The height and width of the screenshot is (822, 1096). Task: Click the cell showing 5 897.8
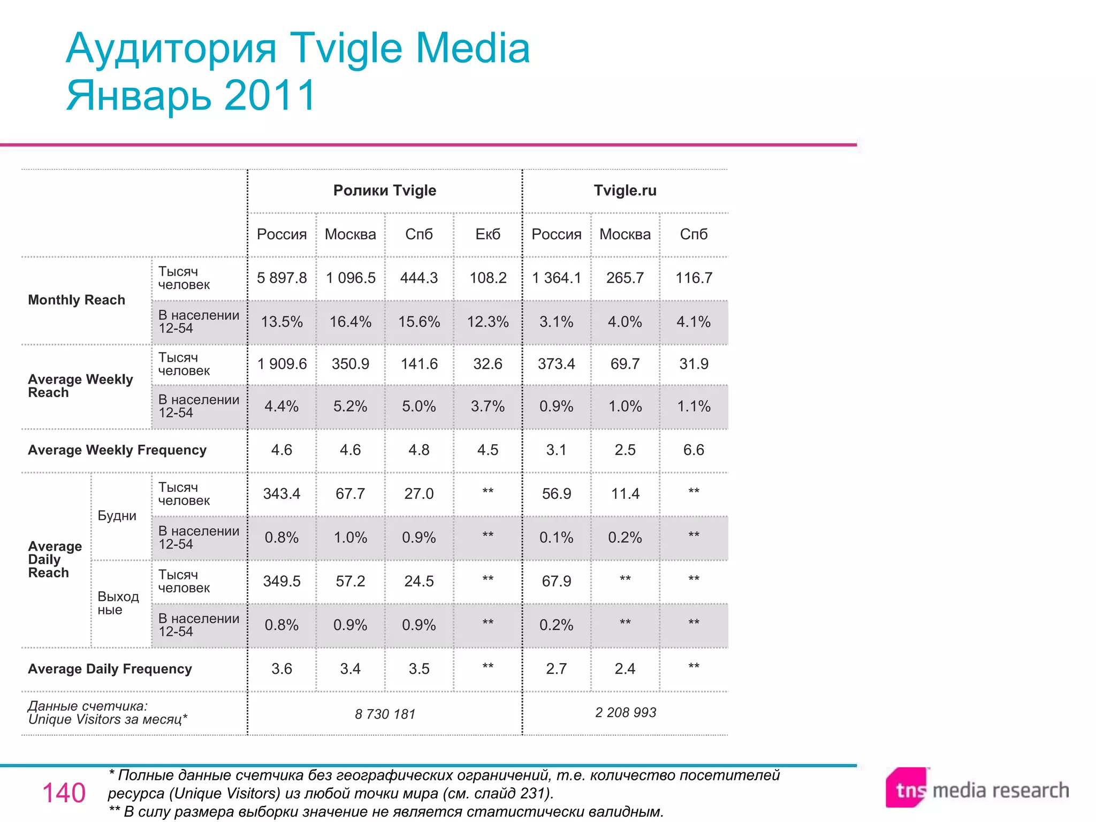tap(281, 278)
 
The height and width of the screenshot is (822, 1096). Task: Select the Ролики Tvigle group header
tap(384, 191)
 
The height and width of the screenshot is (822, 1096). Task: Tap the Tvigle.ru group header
tap(625, 191)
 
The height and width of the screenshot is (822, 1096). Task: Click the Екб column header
tap(488, 234)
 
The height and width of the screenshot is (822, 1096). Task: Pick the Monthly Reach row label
tap(77, 300)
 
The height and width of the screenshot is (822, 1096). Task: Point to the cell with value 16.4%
tap(350, 322)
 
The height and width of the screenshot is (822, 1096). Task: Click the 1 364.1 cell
tap(556, 278)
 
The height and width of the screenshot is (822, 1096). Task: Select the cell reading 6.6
tap(693, 450)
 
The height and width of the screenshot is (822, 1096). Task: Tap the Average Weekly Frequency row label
tap(117, 450)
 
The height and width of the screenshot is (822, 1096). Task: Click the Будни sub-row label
tap(117, 515)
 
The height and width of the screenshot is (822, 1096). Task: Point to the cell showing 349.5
tap(281, 581)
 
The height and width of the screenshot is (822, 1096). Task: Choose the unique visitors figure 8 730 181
tap(385, 714)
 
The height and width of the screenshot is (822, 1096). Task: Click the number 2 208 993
tap(625, 712)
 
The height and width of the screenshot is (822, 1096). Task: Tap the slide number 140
tap(64, 793)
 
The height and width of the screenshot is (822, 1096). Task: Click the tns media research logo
tap(977, 789)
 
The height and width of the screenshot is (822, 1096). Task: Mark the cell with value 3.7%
tap(488, 406)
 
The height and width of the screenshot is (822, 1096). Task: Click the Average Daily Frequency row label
tap(110, 669)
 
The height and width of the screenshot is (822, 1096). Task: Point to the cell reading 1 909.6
tap(281, 364)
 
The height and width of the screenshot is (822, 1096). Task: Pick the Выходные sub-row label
tap(118, 603)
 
